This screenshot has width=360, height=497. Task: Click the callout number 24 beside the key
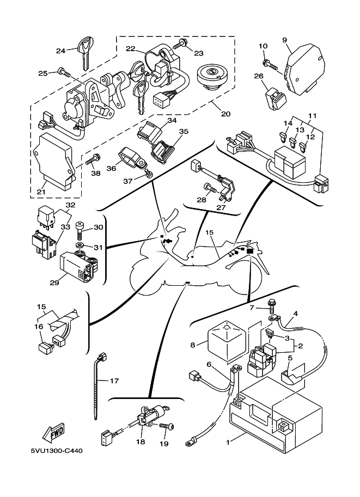(60, 51)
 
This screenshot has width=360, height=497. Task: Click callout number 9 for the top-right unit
(284, 40)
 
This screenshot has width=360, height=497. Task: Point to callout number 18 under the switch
(141, 442)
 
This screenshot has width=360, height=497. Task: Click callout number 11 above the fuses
(313, 116)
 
